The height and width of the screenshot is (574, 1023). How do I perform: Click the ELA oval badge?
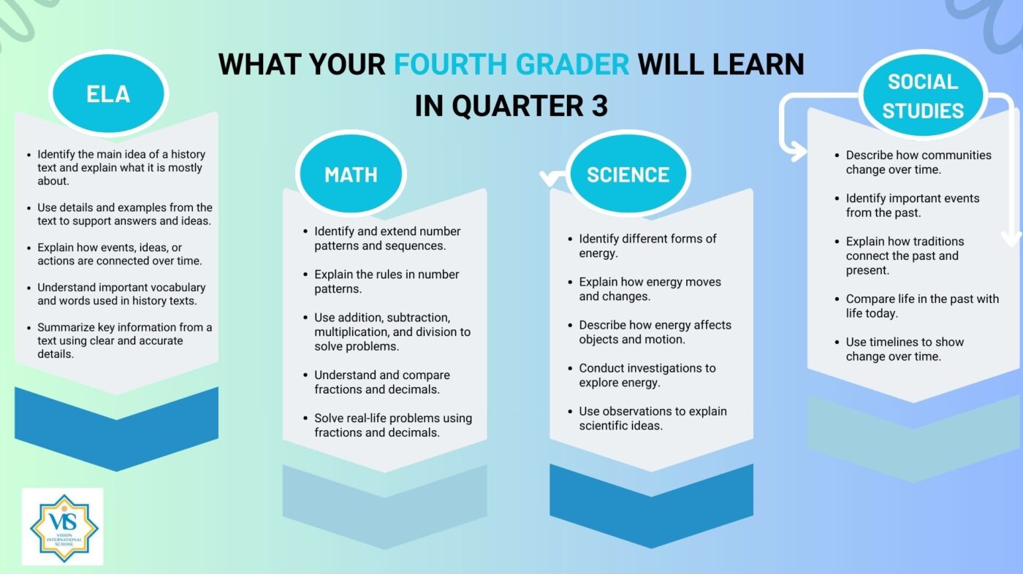click(109, 93)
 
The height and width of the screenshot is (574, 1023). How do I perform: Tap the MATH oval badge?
click(351, 174)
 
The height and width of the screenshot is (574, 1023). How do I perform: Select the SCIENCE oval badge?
click(628, 174)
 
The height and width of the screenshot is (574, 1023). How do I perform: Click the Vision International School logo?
click(63, 527)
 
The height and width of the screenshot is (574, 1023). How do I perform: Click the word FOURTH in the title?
click(450, 64)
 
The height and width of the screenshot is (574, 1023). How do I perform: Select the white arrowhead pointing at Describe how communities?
click(798, 151)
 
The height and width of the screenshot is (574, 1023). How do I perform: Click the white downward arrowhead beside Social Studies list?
click(1011, 238)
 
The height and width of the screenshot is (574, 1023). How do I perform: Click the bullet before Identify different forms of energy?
click(570, 239)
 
